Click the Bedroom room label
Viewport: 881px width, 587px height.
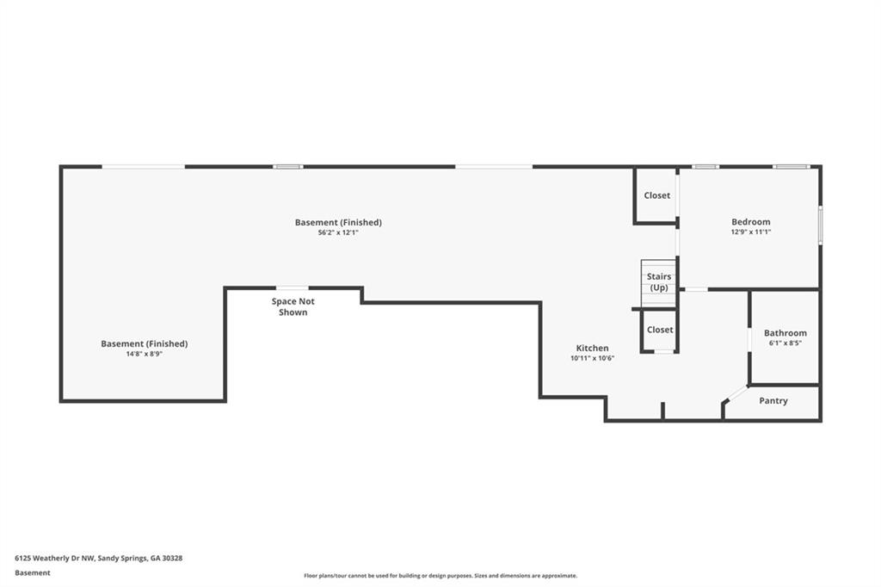[x=750, y=222]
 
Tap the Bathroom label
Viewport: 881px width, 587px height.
[x=785, y=333]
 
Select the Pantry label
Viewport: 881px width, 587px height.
[x=773, y=401]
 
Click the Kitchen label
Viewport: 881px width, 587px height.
[x=592, y=349]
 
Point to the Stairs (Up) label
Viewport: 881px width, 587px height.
[x=659, y=282]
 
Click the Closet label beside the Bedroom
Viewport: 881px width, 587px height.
[x=656, y=195]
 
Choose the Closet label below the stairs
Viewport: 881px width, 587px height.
[x=660, y=330]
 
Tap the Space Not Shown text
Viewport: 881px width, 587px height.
[x=293, y=307]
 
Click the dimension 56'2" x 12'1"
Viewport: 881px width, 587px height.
[x=337, y=232]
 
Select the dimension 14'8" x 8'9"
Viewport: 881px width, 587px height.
[x=144, y=354]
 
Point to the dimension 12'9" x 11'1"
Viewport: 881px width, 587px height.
[x=750, y=232]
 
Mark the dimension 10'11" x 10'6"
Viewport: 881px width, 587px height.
[x=592, y=359]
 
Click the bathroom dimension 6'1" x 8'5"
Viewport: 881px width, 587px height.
[x=785, y=343]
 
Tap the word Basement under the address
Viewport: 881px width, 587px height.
[x=33, y=572]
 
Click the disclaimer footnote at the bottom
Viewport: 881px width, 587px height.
[x=440, y=576]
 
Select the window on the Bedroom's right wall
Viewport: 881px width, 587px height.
[x=820, y=226]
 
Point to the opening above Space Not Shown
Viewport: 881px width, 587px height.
[x=292, y=288]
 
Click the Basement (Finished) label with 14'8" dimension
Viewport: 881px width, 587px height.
[x=144, y=343]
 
